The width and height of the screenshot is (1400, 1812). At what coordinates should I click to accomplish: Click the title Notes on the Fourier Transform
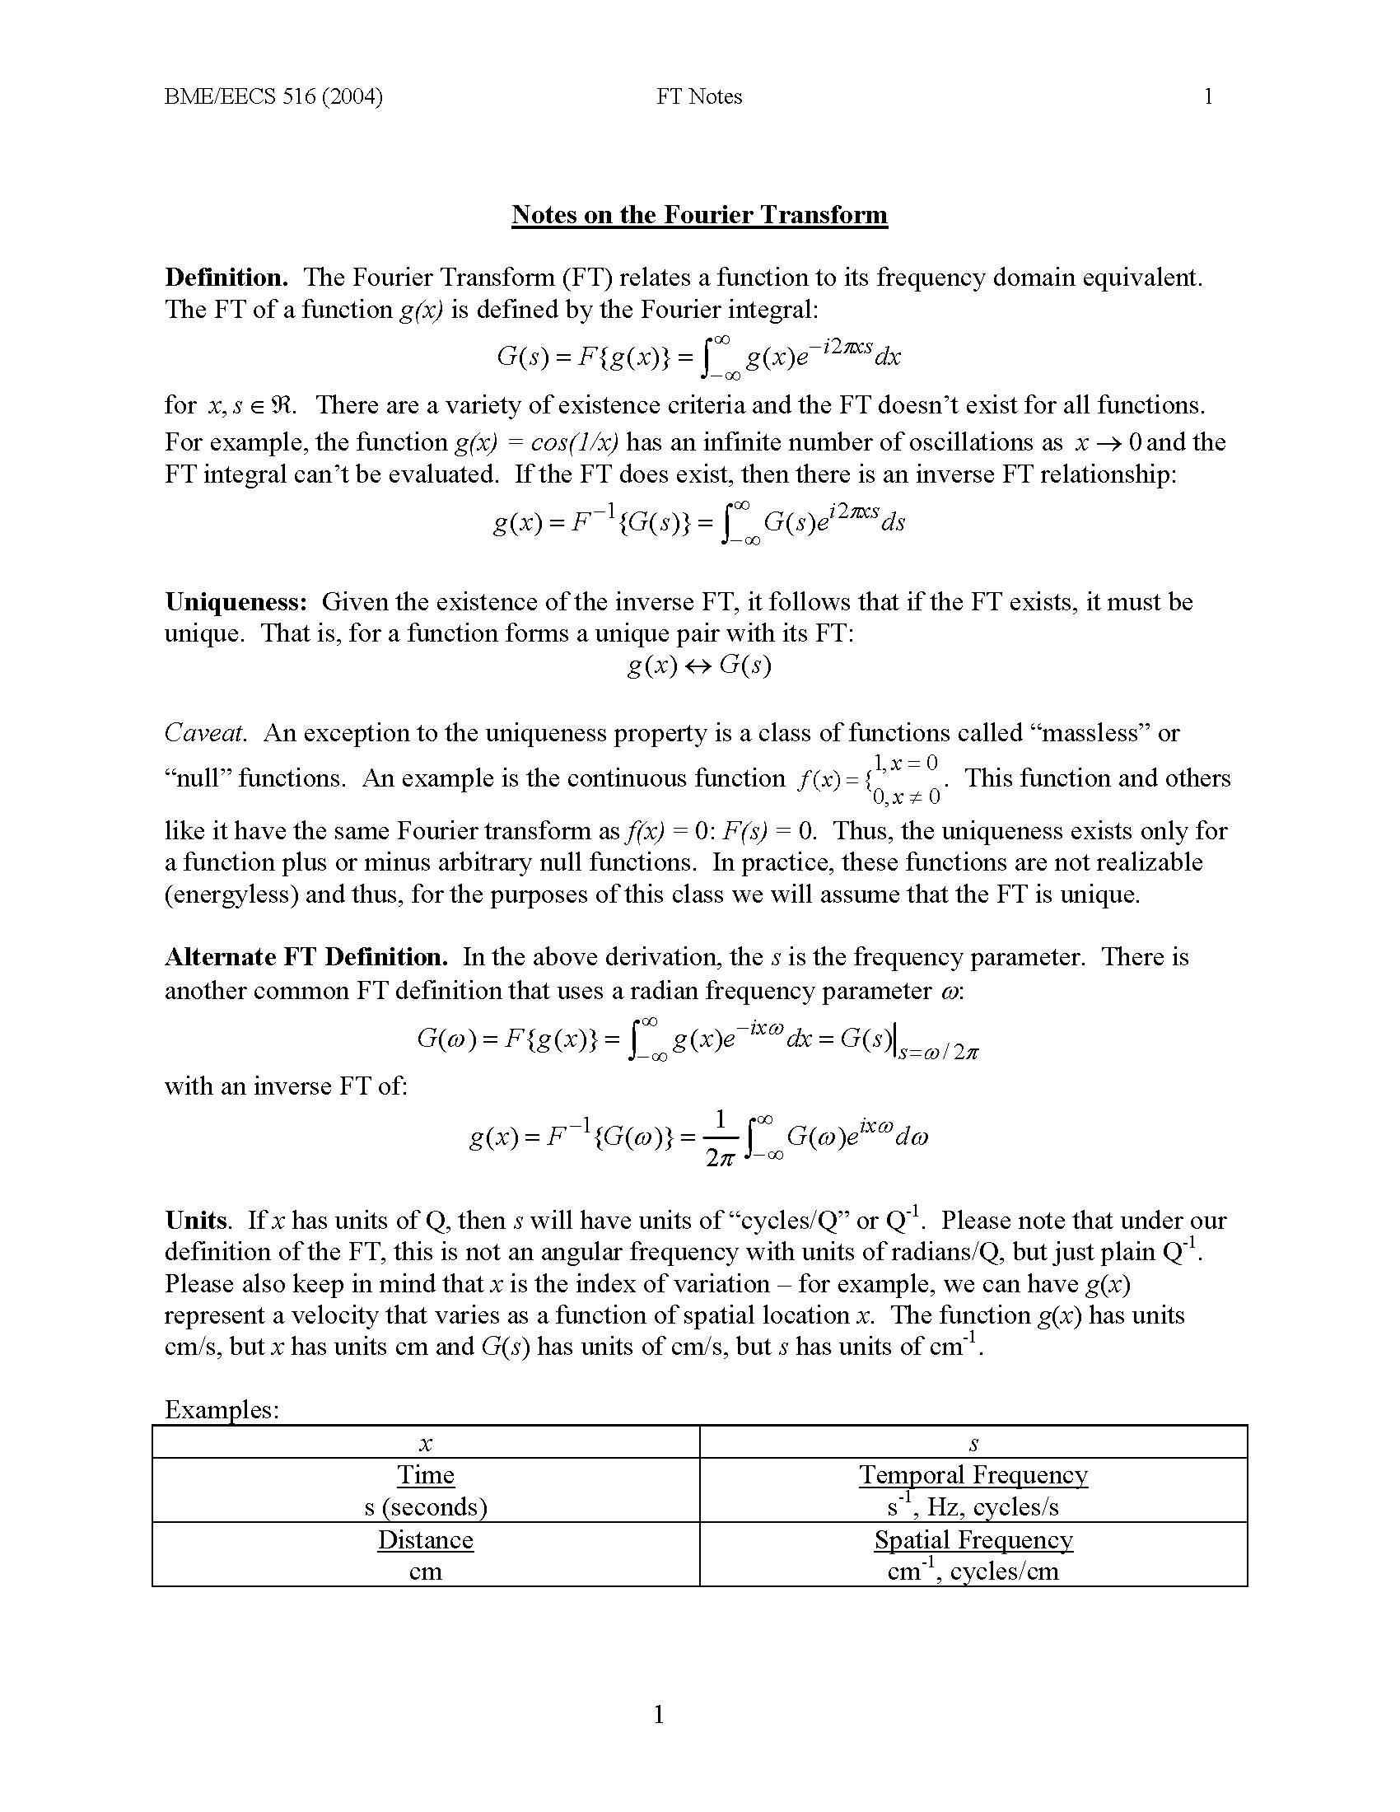click(x=699, y=215)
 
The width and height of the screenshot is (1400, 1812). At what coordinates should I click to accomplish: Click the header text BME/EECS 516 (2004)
click(x=273, y=97)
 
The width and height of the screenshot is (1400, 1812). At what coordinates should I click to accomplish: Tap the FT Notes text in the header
click(x=699, y=97)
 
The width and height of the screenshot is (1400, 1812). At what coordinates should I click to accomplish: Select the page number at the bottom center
click(x=659, y=1714)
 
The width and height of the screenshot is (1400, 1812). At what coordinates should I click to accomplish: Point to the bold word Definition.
click(x=226, y=277)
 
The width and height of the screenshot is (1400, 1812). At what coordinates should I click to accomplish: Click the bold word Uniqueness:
click(x=236, y=601)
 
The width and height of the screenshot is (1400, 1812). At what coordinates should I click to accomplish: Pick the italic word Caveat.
click(x=206, y=732)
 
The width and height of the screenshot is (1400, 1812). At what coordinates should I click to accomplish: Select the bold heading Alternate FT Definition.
click(x=306, y=956)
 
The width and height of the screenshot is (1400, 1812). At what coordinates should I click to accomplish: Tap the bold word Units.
click(x=197, y=1220)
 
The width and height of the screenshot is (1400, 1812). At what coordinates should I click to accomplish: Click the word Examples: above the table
click(x=222, y=1408)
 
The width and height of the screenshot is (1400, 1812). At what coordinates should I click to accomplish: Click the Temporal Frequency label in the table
click(x=973, y=1474)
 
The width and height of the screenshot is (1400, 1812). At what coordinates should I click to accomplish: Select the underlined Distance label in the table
click(x=426, y=1539)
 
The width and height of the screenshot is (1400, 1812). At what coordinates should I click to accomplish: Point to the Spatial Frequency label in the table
click(x=973, y=1539)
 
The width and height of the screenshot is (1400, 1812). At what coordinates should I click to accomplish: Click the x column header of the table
click(x=426, y=1444)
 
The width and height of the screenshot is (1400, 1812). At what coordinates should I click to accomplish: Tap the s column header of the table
click(x=973, y=1444)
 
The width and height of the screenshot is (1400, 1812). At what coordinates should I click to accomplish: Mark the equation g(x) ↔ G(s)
click(x=699, y=665)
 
